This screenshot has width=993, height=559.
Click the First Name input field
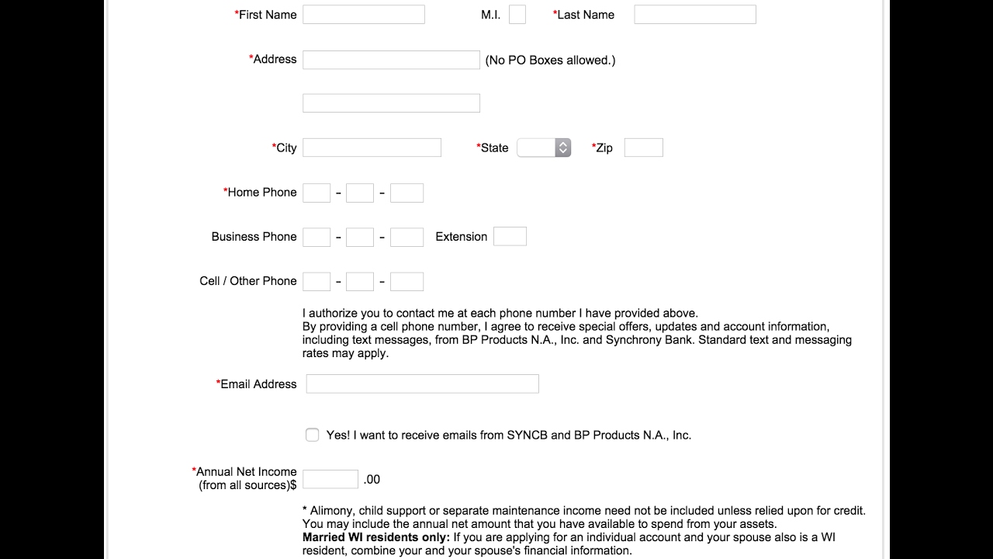[x=363, y=15]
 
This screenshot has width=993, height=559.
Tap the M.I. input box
[x=517, y=15]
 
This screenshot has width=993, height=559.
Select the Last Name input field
[x=694, y=15]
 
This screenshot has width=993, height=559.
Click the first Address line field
[x=391, y=60]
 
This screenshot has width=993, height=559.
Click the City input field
[x=372, y=148]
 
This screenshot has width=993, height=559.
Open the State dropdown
[x=544, y=148]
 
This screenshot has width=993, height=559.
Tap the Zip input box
[x=643, y=148]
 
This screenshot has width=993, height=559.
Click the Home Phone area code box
[x=317, y=193]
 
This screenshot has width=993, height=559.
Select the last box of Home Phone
[x=407, y=193]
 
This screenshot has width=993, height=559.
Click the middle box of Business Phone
[x=360, y=237]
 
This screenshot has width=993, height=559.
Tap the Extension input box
[x=510, y=237]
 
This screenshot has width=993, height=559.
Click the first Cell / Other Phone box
[x=317, y=281]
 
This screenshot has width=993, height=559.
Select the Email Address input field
[x=422, y=384]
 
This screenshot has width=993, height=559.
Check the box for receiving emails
[x=312, y=435]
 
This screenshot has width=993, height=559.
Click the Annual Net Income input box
[x=330, y=479]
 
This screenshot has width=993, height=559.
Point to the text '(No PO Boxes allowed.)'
[x=550, y=60]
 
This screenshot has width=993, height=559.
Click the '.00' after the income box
[x=372, y=479]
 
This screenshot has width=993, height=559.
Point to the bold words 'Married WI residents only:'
[x=376, y=537]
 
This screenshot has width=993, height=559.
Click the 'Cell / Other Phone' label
[x=248, y=281]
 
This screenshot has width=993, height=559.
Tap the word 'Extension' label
[x=462, y=237]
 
